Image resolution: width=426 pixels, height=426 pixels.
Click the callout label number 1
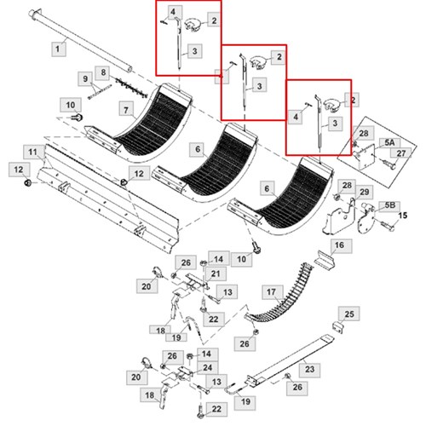pyautogui.click(x=59, y=49)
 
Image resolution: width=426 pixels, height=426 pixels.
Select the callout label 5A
pyautogui.click(x=389, y=143)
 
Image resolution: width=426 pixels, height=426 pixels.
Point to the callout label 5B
pyautogui.click(x=389, y=205)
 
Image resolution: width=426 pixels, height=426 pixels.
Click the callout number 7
pyautogui.click(x=126, y=110)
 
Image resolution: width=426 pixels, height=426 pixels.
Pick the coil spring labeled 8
pyautogui.click(x=131, y=87)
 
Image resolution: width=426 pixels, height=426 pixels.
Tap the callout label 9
pyautogui.click(x=85, y=78)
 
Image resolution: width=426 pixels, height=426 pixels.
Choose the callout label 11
pyautogui.click(x=33, y=153)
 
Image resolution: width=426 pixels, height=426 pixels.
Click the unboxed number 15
pyautogui.click(x=402, y=216)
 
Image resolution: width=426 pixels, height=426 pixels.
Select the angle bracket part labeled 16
pyautogui.click(x=325, y=259)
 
